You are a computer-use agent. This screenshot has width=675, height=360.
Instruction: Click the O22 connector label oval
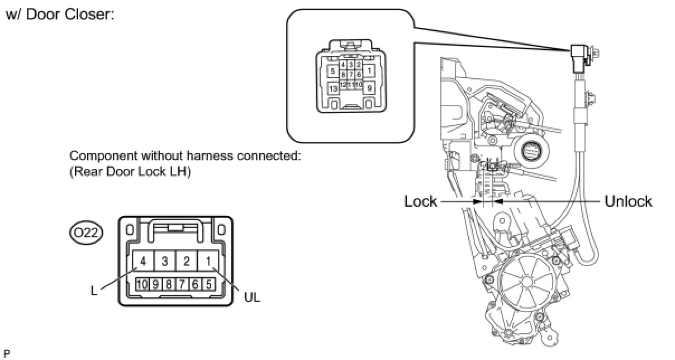click(x=85, y=233)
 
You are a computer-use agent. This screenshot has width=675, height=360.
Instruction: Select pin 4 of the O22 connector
click(x=144, y=261)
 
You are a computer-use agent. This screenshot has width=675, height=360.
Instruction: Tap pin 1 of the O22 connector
click(x=208, y=261)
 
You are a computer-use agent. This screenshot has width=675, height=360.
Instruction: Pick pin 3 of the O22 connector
click(x=165, y=261)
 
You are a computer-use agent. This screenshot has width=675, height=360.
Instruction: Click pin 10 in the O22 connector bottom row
click(x=142, y=283)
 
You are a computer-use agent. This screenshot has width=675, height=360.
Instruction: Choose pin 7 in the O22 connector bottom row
click(x=182, y=283)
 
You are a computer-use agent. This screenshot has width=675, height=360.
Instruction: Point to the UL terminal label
click(x=252, y=297)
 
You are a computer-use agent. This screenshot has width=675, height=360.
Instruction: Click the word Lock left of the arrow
click(x=420, y=201)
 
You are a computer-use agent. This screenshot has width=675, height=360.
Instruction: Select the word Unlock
click(x=628, y=201)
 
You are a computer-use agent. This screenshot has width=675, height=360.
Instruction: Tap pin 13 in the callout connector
click(x=333, y=88)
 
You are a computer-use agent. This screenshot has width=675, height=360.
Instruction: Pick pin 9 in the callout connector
click(x=369, y=88)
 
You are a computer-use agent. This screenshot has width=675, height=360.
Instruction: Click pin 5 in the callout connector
click(x=333, y=71)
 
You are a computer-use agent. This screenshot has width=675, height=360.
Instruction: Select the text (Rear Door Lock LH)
click(x=130, y=172)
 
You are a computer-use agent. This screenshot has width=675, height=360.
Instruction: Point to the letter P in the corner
click(x=6, y=353)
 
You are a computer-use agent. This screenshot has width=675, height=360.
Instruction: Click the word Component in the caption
click(x=99, y=156)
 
